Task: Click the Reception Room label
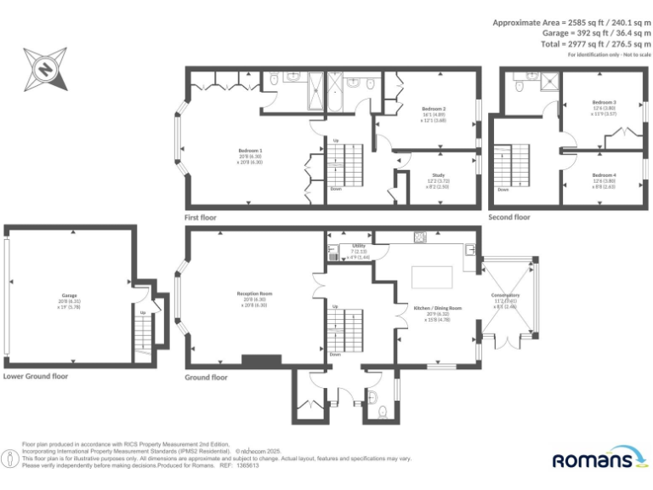pos(254,293)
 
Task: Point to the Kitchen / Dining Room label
pos(437,308)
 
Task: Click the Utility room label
pos(359,246)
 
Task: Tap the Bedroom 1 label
pos(249,151)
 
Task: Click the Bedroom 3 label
pos(604,102)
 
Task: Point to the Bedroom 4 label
pos(604,174)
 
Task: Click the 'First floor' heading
pos(201,218)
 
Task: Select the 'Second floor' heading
pos(509,218)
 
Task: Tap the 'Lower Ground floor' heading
pos(36,375)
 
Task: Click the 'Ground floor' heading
pos(207,377)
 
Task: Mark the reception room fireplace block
pos(254,361)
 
